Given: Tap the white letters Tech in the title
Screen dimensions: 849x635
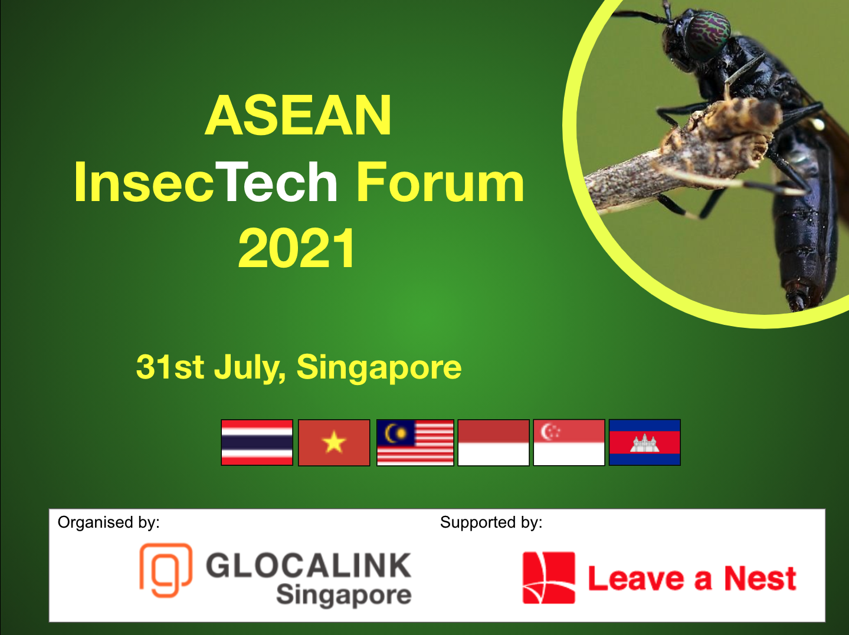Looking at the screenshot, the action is (276, 182).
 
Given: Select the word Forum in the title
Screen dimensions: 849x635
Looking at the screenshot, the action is (440, 182).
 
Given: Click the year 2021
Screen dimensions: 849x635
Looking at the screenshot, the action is (296, 248).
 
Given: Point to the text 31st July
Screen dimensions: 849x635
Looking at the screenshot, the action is (211, 367).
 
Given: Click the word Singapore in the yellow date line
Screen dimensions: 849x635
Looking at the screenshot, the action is (379, 369).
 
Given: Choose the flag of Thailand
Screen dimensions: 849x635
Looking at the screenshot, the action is (257, 443).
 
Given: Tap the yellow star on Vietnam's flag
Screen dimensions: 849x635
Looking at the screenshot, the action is (334, 442).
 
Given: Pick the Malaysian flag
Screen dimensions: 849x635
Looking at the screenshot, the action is (415, 443).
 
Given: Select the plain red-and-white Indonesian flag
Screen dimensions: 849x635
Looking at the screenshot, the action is (494, 443).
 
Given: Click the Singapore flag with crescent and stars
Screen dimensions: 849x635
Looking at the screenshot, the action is (569, 443).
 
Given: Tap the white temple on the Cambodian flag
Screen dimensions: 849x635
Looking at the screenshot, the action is (644, 443).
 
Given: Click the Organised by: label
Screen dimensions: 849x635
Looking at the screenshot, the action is (109, 522).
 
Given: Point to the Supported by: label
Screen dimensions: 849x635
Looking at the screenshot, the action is (491, 522).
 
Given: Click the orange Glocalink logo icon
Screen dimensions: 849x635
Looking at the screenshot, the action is (166, 571).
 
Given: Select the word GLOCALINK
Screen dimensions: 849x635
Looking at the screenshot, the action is (308, 565).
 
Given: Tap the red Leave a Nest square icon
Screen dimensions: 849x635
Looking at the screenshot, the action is (549, 578).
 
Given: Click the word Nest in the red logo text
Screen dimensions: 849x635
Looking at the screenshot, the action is (760, 578).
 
